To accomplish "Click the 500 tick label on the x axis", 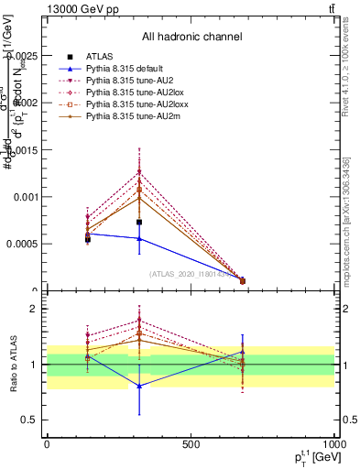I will point(191,444).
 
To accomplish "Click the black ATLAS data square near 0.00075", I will point(139,222).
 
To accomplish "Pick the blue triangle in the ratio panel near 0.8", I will point(139,386).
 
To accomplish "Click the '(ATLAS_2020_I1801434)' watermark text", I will point(191,273).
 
